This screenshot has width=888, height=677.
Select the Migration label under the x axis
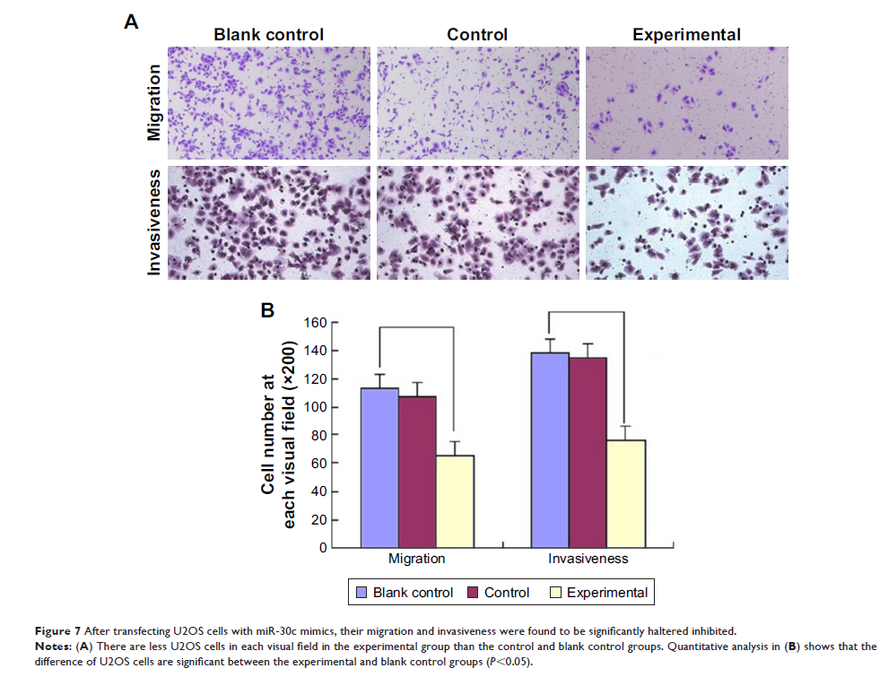click(416, 559)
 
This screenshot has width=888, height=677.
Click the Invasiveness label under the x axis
click(588, 559)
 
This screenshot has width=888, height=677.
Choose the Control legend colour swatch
click(473, 593)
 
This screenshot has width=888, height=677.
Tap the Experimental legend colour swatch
click(555, 593)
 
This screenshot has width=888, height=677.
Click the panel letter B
click(266, 310)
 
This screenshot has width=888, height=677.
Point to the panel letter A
click(131, 23)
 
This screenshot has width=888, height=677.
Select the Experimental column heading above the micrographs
click(686, 35)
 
